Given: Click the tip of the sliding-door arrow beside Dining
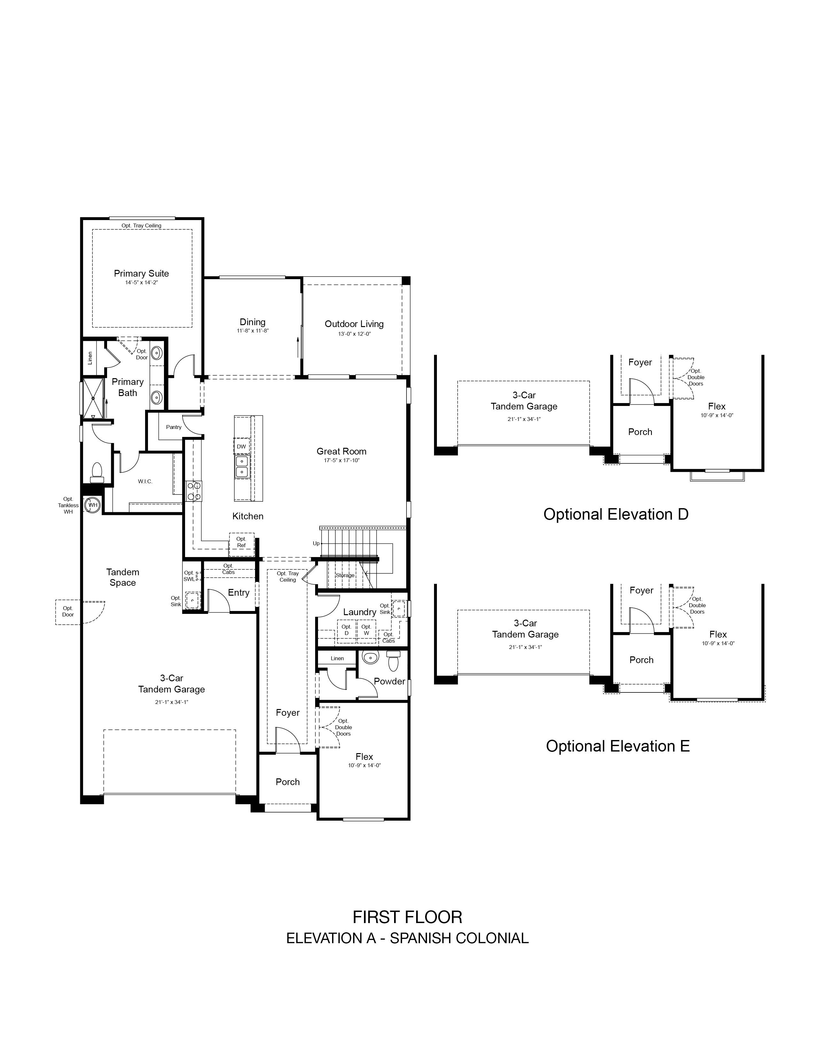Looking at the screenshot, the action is tap(298, 337).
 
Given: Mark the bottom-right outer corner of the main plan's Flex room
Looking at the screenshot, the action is tap(409, 820).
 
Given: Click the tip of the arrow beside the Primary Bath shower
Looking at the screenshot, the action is tap(106, 399).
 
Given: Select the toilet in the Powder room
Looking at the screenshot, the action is tap(393, 661).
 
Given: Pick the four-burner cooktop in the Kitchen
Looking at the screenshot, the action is tap(194, 491).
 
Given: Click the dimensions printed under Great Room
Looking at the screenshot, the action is tap(342, 461).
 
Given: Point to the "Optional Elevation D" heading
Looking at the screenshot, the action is tap(616, 515).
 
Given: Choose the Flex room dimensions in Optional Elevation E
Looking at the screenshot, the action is tap(718, 643).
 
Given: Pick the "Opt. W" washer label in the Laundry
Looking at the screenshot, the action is tap(367, 630).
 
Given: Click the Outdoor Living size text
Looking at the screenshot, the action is tap(354, 334).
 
